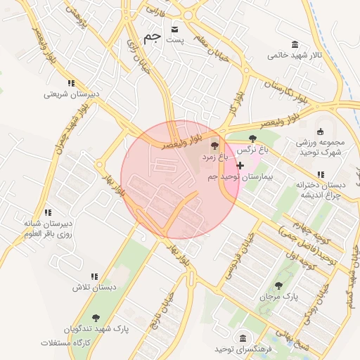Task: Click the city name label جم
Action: [x=152, y=37]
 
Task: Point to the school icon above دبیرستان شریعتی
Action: [x=71, y=84]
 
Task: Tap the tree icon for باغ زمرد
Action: [x=214, y=146]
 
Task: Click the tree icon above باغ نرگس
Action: [x=252, y=139]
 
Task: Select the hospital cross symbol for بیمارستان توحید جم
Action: [x=240, y=165]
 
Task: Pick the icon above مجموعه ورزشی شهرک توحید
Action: [x=321, y=131]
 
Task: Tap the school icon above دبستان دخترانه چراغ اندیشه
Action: [x=321, y=174]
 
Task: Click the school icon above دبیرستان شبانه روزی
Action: [x=48, y=212]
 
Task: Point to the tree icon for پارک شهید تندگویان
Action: [x=96, y=318]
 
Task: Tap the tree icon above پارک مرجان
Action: [x=279, y=285]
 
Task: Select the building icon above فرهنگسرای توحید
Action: [x=243, y=338]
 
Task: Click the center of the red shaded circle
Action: [x=181, y=179]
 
